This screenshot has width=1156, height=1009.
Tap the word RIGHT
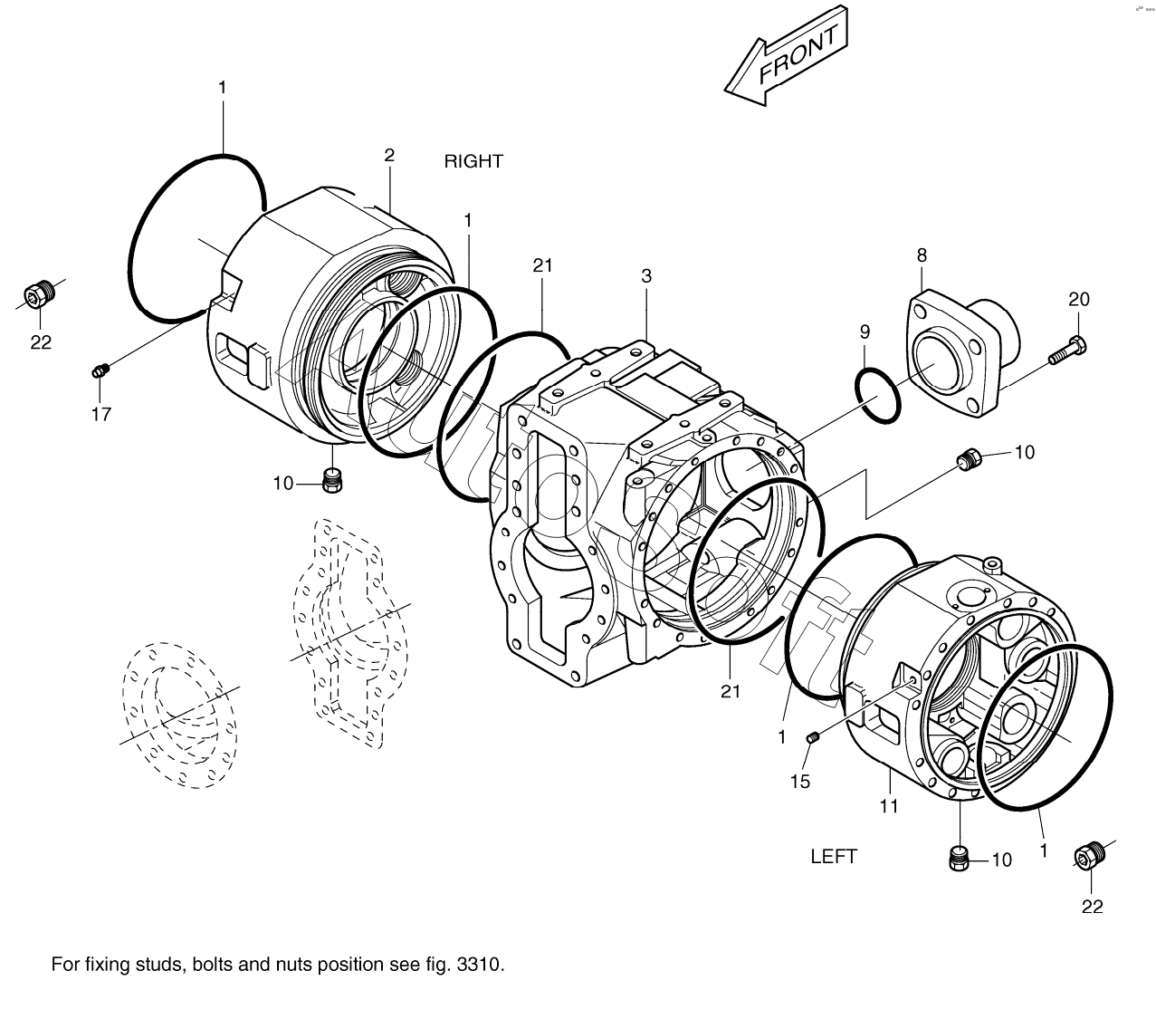(473, 161)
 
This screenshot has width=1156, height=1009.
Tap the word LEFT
(833, 856)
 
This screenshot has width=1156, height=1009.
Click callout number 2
(389, 155)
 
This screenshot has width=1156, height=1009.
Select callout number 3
(646, 276)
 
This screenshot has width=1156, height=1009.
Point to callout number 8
(922, 255)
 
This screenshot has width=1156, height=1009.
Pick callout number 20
(1079, 299)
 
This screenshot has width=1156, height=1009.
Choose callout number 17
(100, 414)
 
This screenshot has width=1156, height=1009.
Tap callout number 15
(800, 781)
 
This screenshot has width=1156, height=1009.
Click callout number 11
(889, 804)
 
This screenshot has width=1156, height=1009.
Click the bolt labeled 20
(1068, 351)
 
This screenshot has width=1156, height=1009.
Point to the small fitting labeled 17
(100, 369)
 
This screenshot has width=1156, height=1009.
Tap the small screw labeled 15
(812, 739)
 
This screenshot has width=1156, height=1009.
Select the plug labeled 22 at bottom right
(1089, 856)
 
